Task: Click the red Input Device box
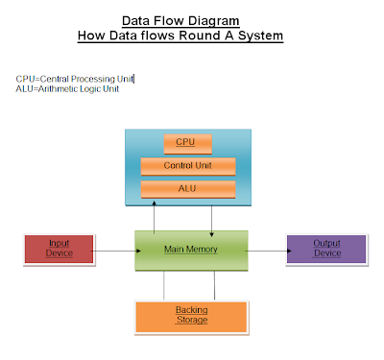(x=60, y=249)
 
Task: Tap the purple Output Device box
(x=326, y=249)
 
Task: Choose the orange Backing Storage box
(x=191, y=314)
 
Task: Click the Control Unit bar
(x=187, y=165)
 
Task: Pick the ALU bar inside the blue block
(x=187, y=187)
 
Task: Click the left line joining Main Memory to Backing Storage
(x=164, y=284)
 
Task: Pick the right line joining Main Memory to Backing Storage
(x=214, y=284)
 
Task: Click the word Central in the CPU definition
(x=54, y=78)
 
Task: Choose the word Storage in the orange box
(x=191, y=320)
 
